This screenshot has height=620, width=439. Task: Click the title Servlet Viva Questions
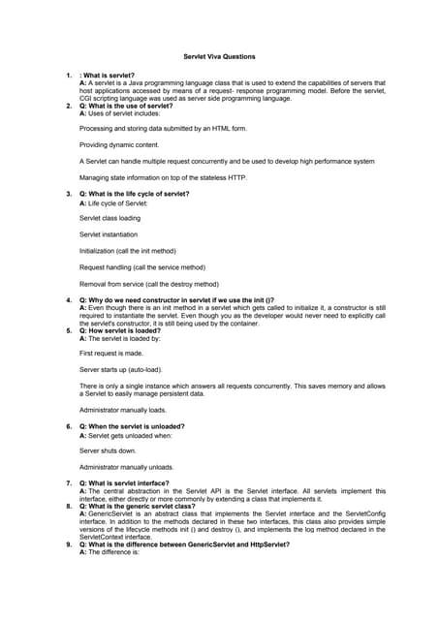click(x=219, y=57)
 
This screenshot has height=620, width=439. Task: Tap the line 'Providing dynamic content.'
click(x=118, y=144)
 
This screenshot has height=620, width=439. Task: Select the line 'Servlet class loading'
click(x=110, y=218)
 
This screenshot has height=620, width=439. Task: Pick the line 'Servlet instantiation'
click(x=109, y=234)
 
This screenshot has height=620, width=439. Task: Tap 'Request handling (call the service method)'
click(x=142, y=267)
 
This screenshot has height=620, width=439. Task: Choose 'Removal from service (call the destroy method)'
click(x=149, y=284)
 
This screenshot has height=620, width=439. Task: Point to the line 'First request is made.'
click(x=111, y=354)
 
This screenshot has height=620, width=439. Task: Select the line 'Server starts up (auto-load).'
click(x=121, y=370)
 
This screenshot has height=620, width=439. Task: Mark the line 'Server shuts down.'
click(x=108, y=450)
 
